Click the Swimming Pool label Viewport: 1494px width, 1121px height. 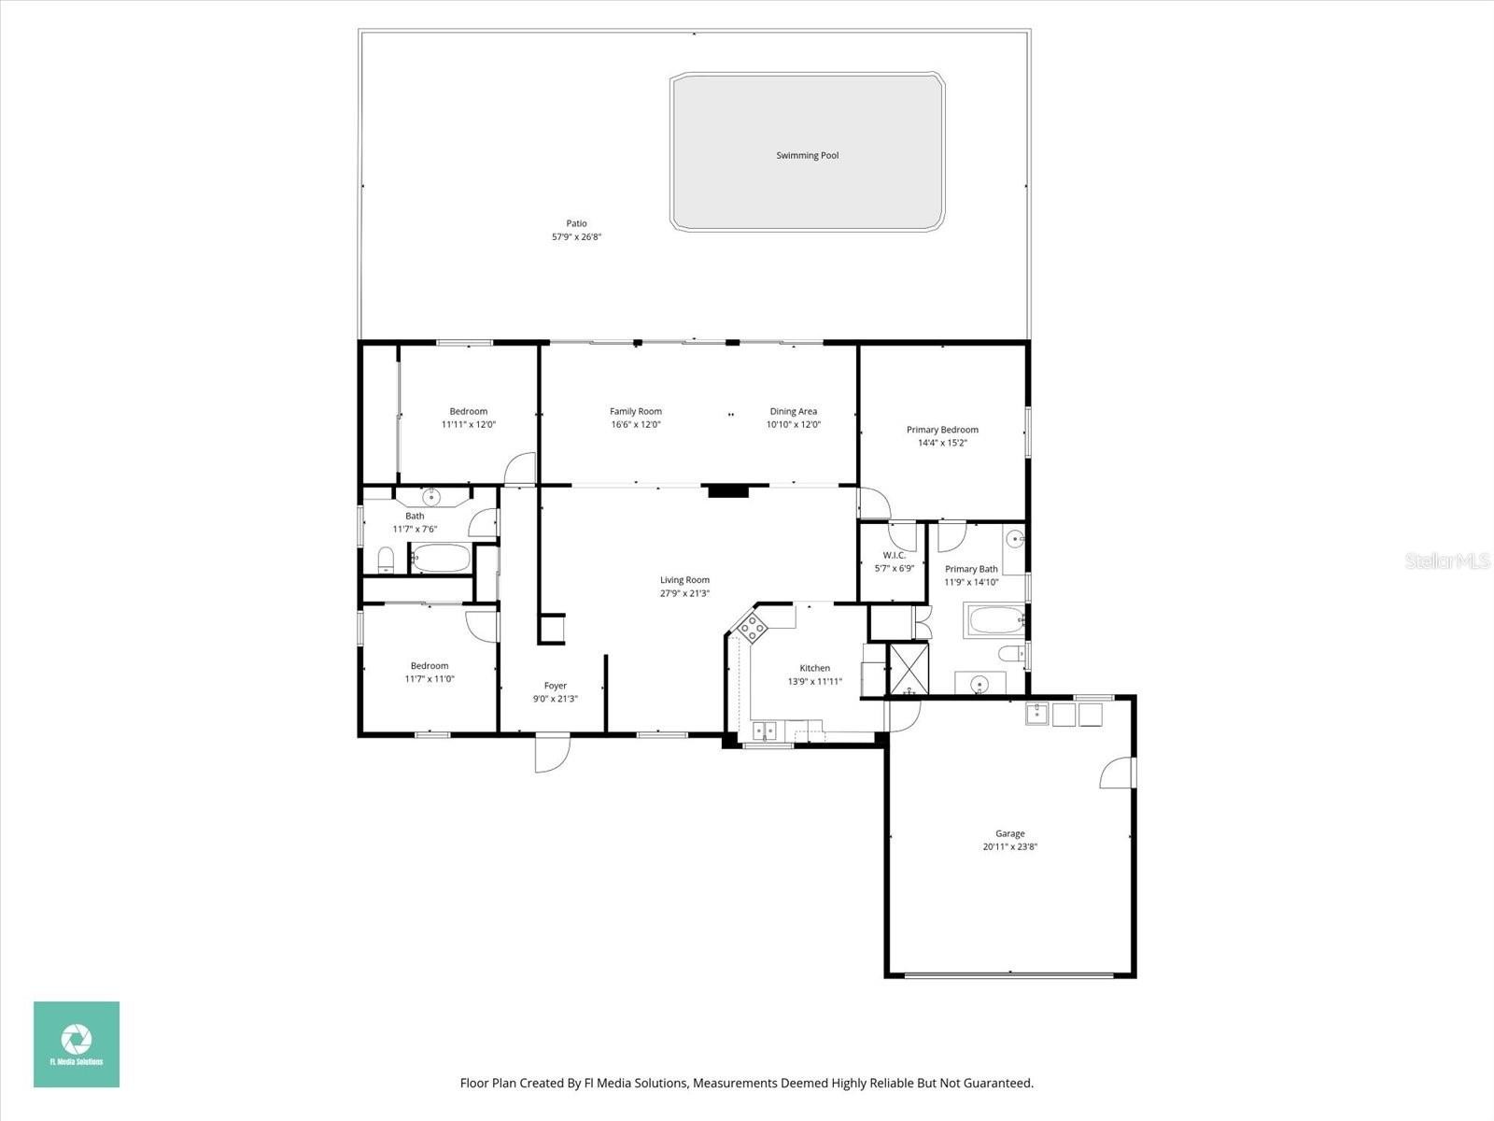click(x=808, y=155)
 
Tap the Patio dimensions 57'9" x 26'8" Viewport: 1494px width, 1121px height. click(x=576, y=237)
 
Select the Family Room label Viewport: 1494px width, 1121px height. click(x=636, y=411)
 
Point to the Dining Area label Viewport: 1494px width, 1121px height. click(x=793, y=411)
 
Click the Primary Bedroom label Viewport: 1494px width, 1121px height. click(x=942, y=430)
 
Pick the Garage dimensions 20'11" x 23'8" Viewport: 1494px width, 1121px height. click(x=1010, y=846)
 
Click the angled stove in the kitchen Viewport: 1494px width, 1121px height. click(x=752, y=628)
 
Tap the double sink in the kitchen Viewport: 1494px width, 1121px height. click(x=765, y=731)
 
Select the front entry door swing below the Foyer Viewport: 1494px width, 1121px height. click(x=552, y=754)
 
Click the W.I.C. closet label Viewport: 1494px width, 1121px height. click(x=894, y=556)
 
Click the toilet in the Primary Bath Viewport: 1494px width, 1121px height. click(x=1012, y=654)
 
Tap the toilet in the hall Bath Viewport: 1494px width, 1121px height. click(x=386, y=560)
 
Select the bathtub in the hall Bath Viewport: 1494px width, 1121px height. click(x=441, y=558)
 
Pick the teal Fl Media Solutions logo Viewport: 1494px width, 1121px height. click(x=77, y=1043)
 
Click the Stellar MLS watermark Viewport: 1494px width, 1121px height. click(x=1447, y=560)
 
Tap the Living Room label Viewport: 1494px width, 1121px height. click(x=684, y=580)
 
